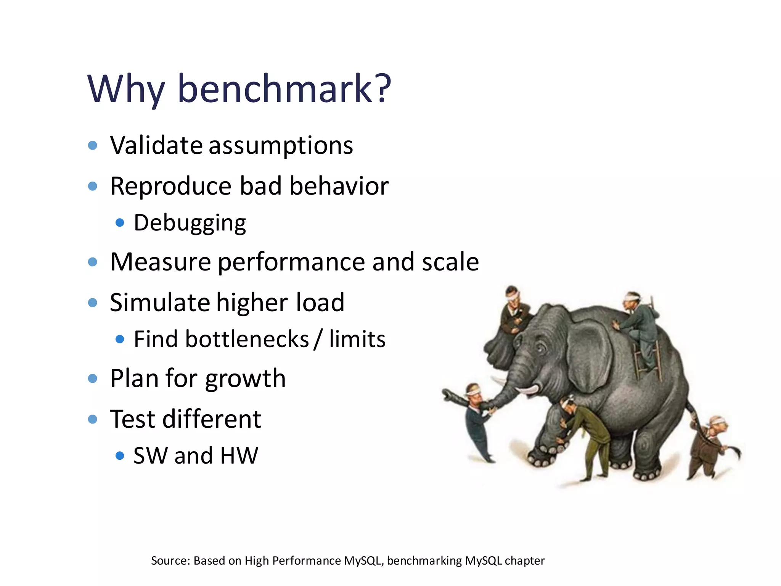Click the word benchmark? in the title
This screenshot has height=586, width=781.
(284, 89)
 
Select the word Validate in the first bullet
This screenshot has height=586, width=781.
(156, 145)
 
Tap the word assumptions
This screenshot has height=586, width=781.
(281, 146)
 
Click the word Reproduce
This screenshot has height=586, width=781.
(171, 186)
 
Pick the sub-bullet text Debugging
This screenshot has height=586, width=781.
(190, 223)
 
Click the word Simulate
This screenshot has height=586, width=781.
(159, 303)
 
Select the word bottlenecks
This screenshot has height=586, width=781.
(247, 339)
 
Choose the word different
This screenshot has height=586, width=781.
(212, 419)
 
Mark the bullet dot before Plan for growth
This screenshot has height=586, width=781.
(92, 378)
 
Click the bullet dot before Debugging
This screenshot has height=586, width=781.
(120, 222)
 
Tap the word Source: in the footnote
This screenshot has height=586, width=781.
(170, 561)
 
